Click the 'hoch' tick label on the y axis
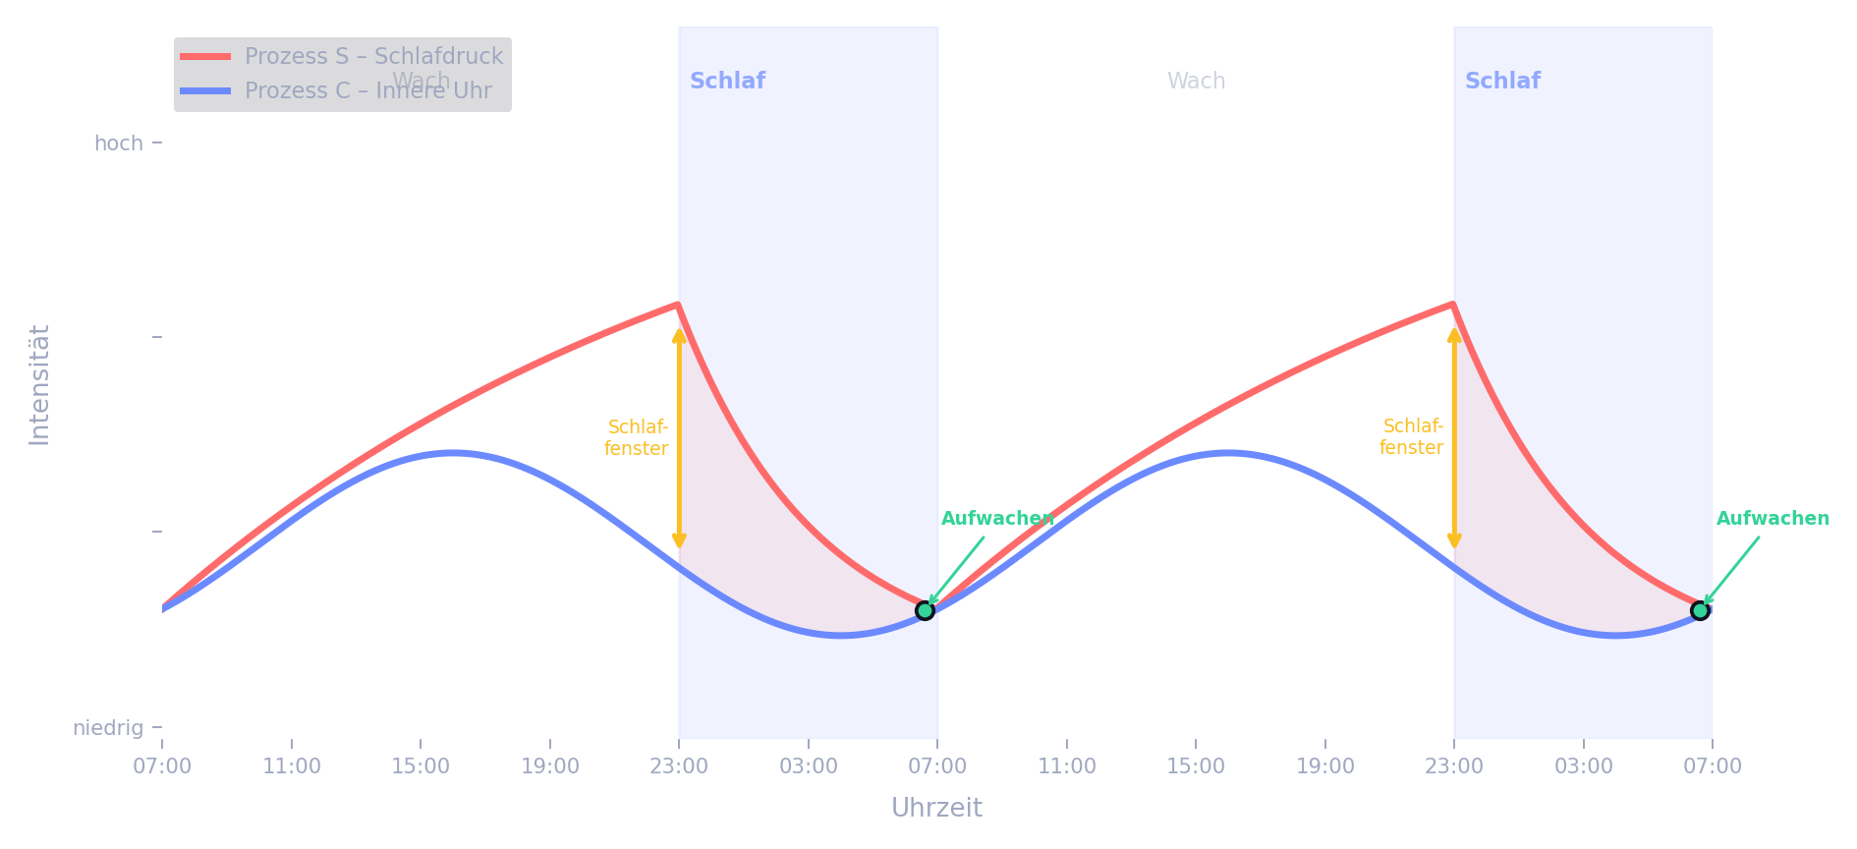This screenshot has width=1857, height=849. point(118,143)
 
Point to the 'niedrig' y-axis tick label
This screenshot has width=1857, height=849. point(108,728)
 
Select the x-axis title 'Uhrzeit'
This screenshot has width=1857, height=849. point(936,808)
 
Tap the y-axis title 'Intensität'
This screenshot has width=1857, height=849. point(39,385)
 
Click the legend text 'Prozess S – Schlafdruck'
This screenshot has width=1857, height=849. point(373,57)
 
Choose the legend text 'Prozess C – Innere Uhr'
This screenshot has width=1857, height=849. point(367,91)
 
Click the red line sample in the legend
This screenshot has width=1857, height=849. point(205,57)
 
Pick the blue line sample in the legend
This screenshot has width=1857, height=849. point(205,91)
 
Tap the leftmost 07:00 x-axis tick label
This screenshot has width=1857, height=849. point(162,766)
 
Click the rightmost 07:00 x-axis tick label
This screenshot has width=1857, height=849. point(1713,766)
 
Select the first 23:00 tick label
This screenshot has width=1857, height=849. point(679,766)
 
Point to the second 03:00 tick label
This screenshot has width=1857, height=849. point(1583,766)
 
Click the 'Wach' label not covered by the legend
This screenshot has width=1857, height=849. point(1196,81)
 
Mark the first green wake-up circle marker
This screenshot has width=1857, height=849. point(925,611)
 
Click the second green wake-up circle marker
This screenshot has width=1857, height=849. point(1700,611)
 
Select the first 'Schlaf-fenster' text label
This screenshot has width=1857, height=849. point(637,437)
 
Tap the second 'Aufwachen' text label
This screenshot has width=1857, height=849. point(1773,519)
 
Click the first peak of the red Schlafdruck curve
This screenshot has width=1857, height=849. point(677,305)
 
